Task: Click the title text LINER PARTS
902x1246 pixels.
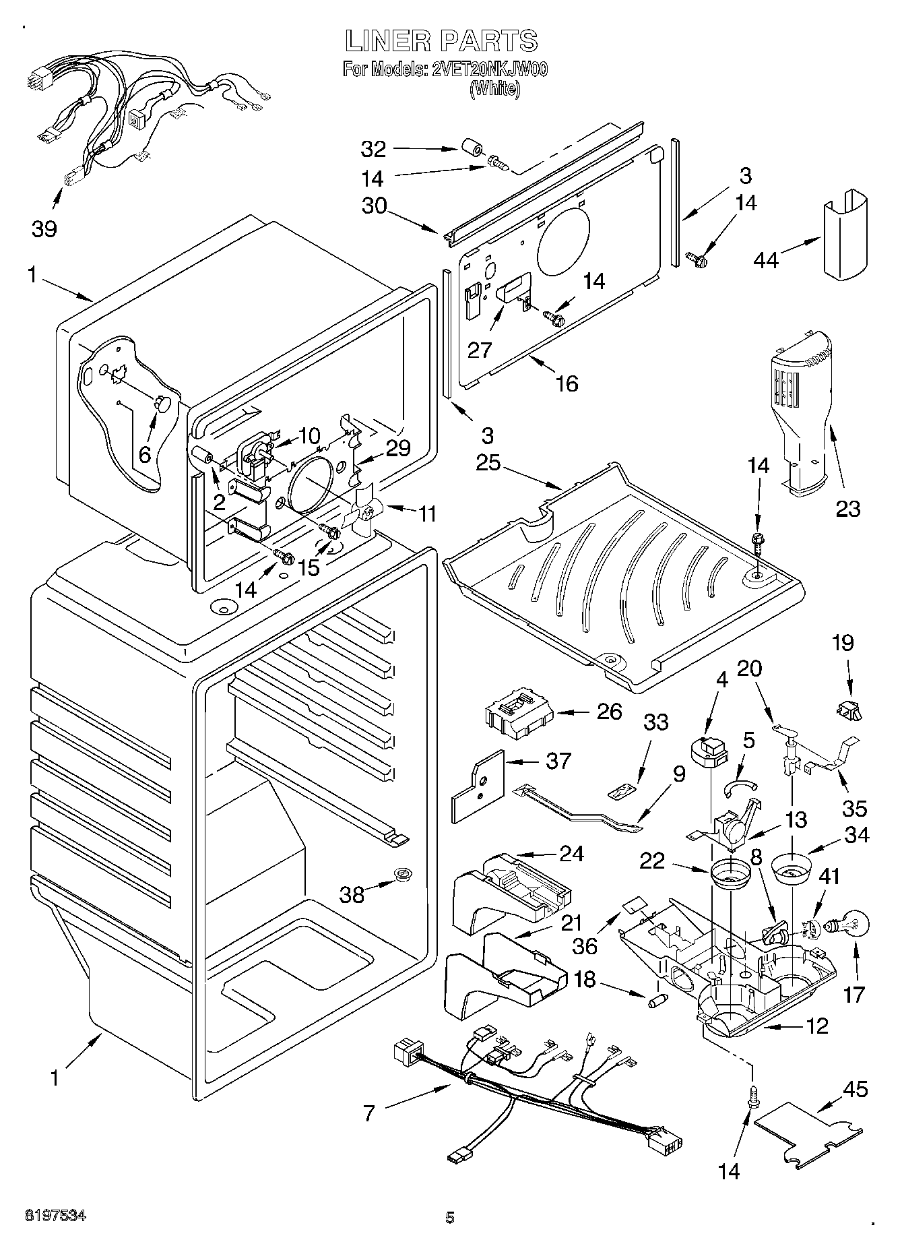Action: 441,41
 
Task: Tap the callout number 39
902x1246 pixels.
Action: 44,229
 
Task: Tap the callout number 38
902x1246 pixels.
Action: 352,894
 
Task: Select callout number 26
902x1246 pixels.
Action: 609,712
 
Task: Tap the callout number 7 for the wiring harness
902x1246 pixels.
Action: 369,1114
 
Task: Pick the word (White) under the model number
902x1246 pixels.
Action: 495,88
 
